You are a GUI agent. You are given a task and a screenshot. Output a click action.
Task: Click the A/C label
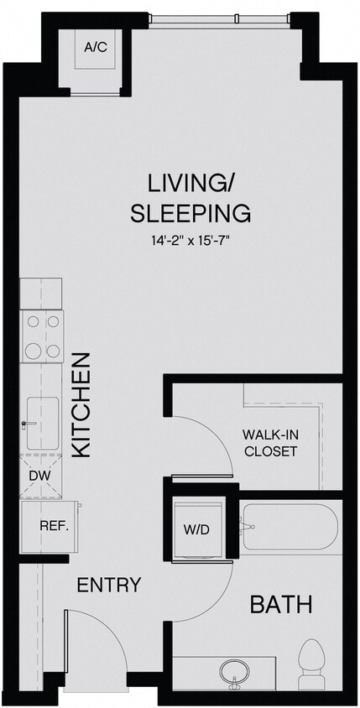(96, 49)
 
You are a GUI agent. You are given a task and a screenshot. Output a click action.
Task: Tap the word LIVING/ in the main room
(190, 182)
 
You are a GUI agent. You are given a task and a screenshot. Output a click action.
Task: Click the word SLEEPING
(190, 213)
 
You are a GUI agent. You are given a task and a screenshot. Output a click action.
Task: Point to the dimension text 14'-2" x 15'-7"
(190, 241)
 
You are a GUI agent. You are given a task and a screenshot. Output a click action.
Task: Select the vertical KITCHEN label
(81, 404)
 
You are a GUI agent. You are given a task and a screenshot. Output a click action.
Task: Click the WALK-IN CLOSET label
(269, 442)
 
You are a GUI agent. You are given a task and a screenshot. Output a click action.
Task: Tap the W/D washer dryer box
(196, 529)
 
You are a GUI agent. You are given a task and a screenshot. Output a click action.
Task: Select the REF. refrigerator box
(51, 527)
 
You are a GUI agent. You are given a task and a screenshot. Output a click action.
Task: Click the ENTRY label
(109, 585)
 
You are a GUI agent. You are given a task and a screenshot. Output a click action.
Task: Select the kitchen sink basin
(41, 423)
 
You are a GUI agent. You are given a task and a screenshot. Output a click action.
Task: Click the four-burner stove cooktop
(41, 336)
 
